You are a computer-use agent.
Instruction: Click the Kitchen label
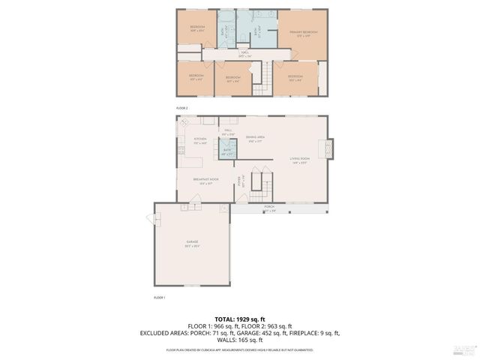pos(199,141)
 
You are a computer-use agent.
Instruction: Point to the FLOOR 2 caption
pos(182,108)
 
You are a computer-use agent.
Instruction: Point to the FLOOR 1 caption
pos(160,298)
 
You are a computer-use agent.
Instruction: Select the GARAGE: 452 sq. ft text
pos(259,332)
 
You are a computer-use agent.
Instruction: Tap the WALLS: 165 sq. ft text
pos(239,340)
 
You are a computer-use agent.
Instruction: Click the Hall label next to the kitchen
pos(227,131)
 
